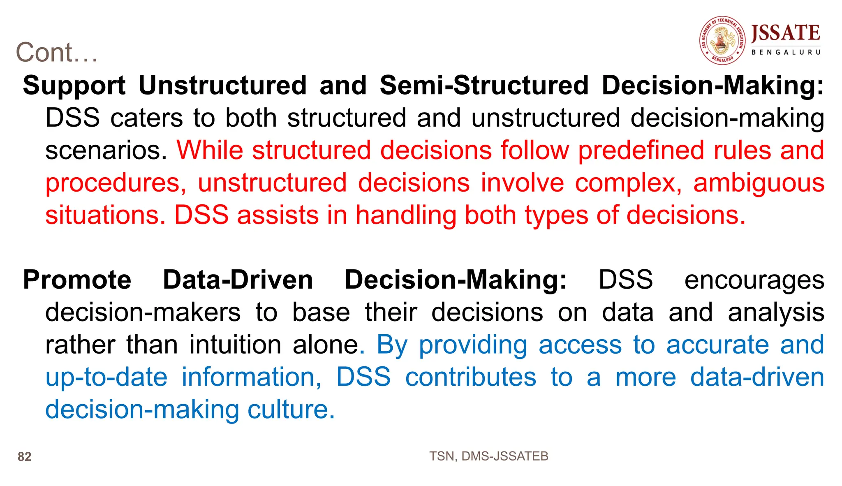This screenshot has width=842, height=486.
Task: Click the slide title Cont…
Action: coord(57,53)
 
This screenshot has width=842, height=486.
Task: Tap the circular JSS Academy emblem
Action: coord(722,40)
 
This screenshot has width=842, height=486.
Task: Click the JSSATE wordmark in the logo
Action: coord(785,33)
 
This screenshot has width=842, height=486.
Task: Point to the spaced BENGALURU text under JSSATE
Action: coord(786,52)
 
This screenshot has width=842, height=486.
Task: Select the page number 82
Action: coord(25,457)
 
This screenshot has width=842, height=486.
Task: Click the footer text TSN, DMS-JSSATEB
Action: coord(488,456)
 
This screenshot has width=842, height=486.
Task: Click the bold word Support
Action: coord(74,86)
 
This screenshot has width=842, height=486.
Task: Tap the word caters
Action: coord(146,118)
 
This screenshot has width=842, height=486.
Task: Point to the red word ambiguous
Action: coord(759,183)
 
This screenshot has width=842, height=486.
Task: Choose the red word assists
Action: coord(278,215)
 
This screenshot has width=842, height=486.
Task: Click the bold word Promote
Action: coord(77,280)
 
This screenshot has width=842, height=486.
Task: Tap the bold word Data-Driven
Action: coord(238,280)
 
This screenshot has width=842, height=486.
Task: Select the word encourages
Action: coord(754,281)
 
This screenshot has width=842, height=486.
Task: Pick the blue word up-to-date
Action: coord(106,377)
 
